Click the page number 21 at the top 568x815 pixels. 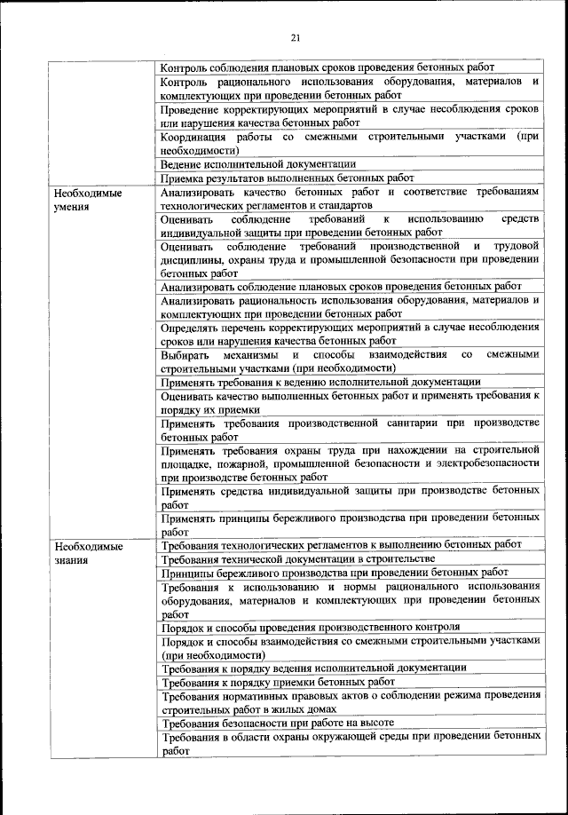296,36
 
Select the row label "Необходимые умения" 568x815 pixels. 87,199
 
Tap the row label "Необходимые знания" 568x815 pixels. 87,553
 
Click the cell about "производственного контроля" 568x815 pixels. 311,627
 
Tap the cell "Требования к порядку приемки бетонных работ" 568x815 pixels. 278,682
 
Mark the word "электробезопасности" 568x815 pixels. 485,463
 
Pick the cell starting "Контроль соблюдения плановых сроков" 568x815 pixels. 327,67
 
